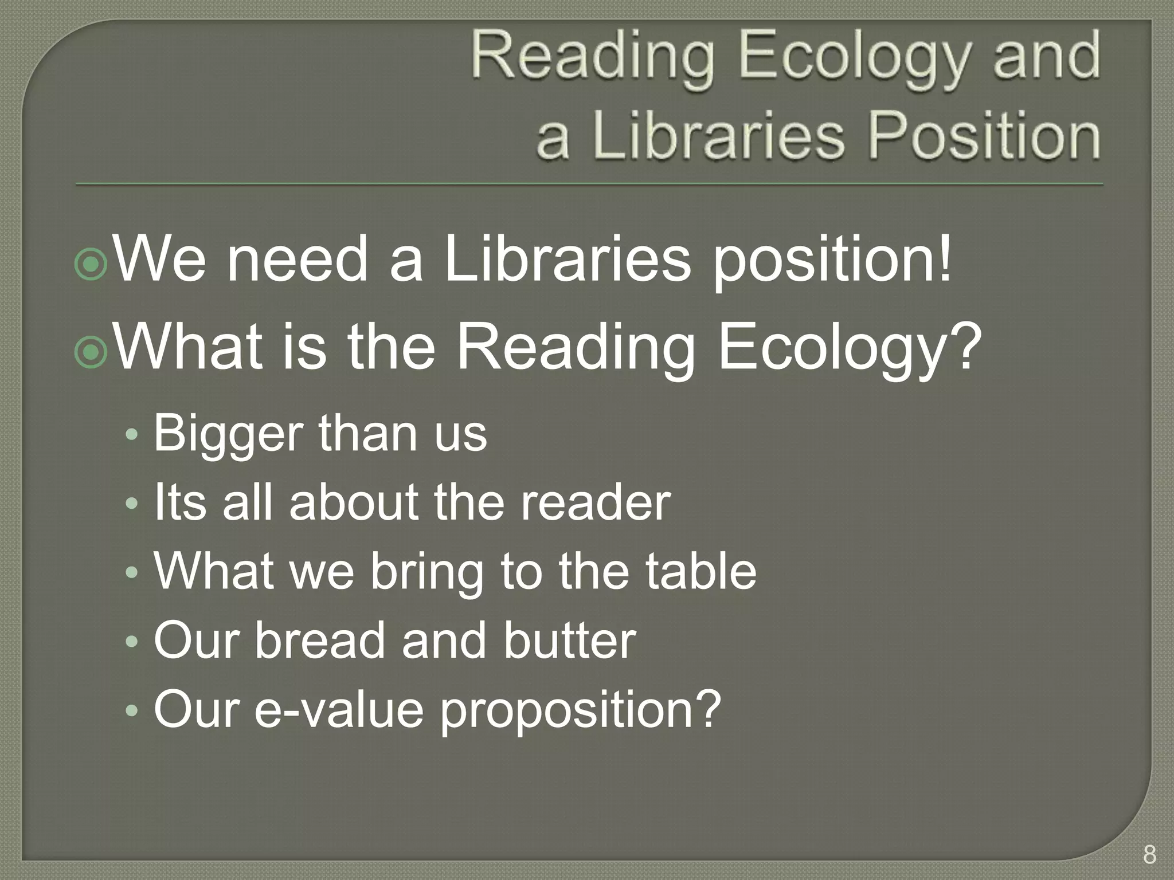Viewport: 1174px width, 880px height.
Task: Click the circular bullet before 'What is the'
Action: tap(91, 352)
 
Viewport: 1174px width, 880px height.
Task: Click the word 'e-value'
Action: tap(339, 709)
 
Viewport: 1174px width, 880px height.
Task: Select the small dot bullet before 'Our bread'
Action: tap(132, 641)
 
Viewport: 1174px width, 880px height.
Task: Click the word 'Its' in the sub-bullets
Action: tap(179, 502)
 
